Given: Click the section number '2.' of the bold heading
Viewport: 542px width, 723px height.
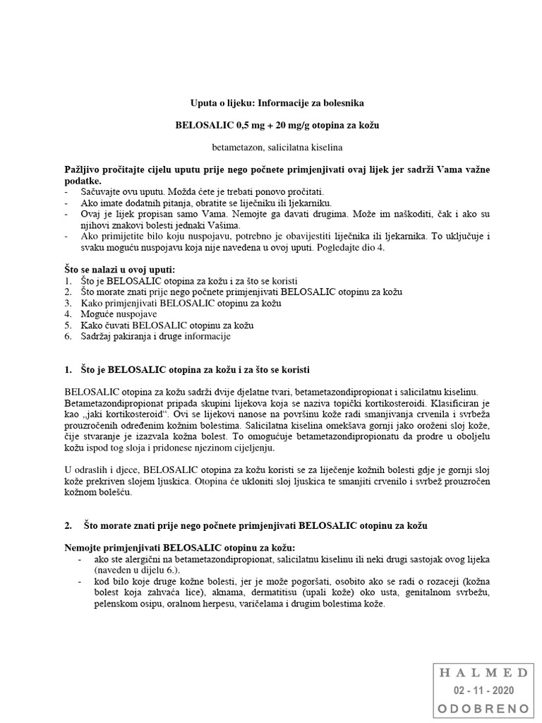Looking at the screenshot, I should coord(68,526).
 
